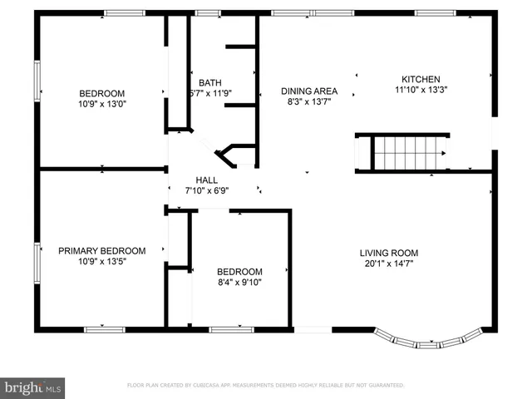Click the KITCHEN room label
pos(420,79)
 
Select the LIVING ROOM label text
pos(388,253)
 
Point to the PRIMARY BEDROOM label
pos(101,250)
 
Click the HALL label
pos(207,180)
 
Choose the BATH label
pos(209,82)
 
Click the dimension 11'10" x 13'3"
pos(420,91)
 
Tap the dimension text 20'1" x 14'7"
pos(388,264)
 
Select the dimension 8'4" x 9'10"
pos(239,283)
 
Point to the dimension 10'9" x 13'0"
pos(101,104)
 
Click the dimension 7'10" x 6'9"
pos(207,190)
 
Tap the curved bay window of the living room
pos(427,340)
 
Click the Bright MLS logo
pos(33,387)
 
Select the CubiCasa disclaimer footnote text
pos(265,386)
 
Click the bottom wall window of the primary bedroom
pos(104,329)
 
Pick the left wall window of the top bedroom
pos(37,81)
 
